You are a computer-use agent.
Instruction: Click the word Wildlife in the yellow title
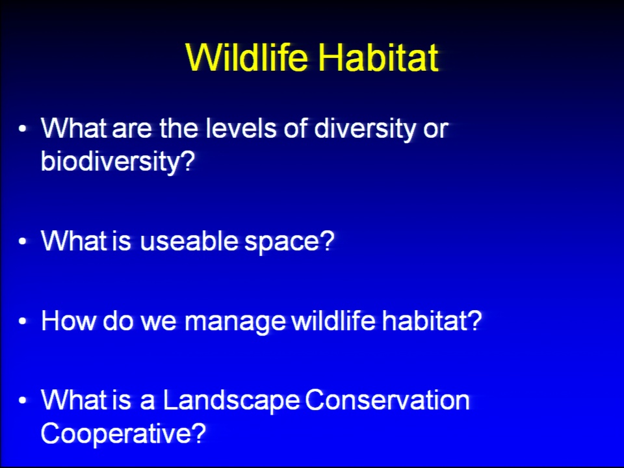click(247, 57)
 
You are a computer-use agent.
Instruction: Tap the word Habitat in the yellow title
click(378, 57)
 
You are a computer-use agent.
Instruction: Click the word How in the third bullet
click(69, 320)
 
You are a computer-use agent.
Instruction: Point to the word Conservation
click(387, 400)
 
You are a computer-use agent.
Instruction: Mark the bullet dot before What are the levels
click(23, 129)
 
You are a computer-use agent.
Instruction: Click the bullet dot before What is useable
click(23, 242)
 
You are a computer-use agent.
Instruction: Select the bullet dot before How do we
click(23, 321)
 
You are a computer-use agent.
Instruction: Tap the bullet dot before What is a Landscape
click(23, 401)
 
